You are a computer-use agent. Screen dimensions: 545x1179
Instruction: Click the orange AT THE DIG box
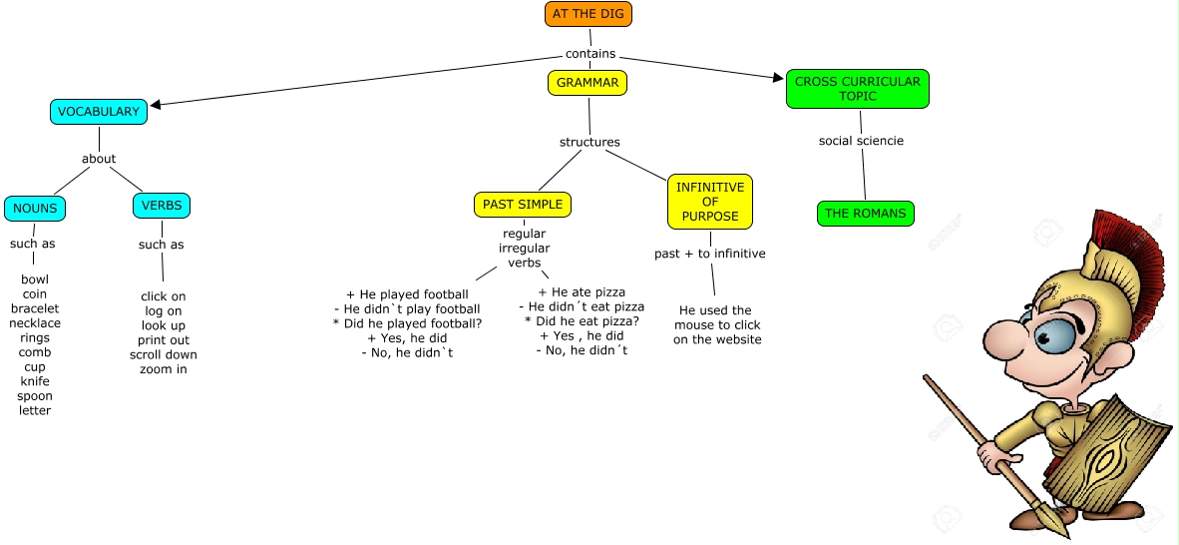click(589, 14)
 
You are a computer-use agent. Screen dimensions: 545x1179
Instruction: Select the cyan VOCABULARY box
click(99, 112)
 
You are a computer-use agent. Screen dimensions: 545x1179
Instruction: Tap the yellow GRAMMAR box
click(588, 83)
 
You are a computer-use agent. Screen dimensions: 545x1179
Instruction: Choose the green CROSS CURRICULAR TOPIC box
click(857, 89)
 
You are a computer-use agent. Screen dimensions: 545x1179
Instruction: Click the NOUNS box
click(35, 209)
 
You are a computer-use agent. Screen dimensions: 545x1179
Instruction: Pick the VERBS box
click(161, 206)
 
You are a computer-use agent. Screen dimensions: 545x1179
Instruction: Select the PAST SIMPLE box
click(522, 205)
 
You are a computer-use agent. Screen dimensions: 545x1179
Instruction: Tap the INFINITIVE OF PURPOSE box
click(709, 202)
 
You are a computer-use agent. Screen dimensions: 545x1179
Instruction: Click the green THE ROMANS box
click(865, 213)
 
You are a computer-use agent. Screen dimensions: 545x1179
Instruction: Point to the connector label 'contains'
click(590, 54)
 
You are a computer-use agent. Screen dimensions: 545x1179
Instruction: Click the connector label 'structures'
click(589, 142)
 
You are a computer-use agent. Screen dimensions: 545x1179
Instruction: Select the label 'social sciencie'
click(861, 141)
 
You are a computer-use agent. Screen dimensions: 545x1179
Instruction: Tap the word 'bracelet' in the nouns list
click(35, 308)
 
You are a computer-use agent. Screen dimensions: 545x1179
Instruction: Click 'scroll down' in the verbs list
click(164, 354)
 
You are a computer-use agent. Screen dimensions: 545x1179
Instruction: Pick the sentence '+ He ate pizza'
click(582, 291)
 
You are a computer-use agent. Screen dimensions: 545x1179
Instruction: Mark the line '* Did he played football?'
click(407, 323)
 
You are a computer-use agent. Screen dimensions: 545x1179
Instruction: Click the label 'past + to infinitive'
click(709, 254)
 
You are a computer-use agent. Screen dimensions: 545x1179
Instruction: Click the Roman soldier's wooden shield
click(1111, 459)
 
